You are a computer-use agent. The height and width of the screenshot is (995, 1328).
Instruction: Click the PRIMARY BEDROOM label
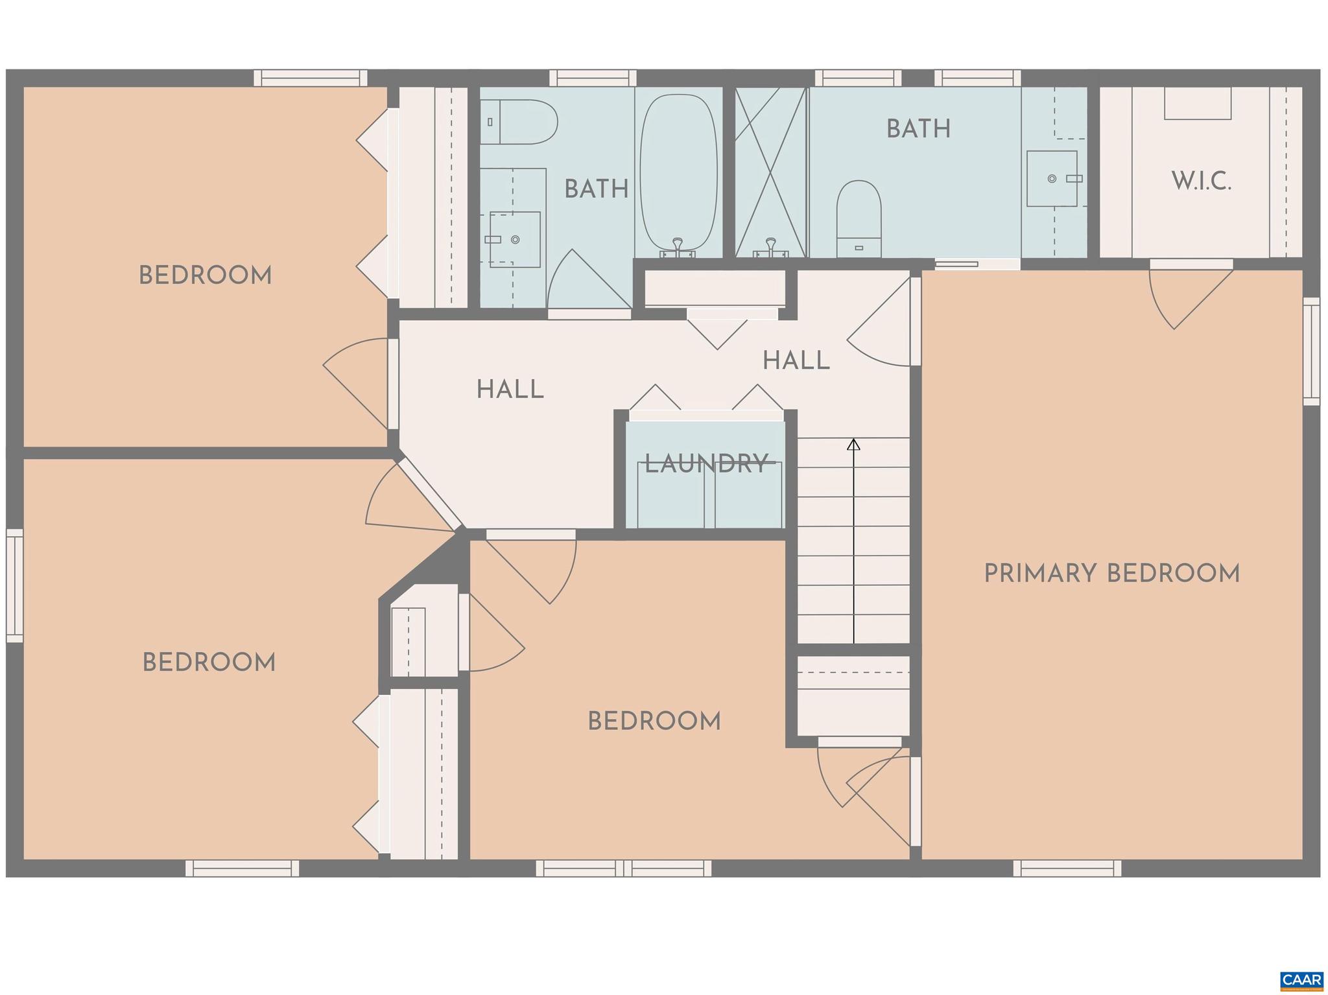(1111, 574)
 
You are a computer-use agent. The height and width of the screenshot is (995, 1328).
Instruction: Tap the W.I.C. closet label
(1201, 181)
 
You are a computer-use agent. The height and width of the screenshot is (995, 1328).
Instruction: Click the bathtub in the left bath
(679, 174)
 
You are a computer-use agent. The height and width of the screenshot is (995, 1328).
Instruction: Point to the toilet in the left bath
(519, 122)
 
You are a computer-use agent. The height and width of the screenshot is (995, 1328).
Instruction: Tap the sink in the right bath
(1052, 178)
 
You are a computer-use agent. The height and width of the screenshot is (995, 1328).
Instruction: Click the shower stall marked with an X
(770, 172)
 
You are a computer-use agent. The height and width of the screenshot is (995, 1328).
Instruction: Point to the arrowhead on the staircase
(854, 445)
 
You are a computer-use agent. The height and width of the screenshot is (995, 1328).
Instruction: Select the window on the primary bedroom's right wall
(1311, 351)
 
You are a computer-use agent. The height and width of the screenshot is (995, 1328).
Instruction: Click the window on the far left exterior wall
(14, 585)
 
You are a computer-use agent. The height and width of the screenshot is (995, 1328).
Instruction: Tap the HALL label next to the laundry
(510, 390)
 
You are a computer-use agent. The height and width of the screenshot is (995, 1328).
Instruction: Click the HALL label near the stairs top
(796, 361)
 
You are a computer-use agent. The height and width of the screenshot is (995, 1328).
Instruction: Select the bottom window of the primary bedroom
(1067, 868)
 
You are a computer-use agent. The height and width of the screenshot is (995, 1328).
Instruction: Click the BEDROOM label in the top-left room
(205, 276)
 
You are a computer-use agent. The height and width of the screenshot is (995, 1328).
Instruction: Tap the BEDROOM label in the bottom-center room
(654, 721)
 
